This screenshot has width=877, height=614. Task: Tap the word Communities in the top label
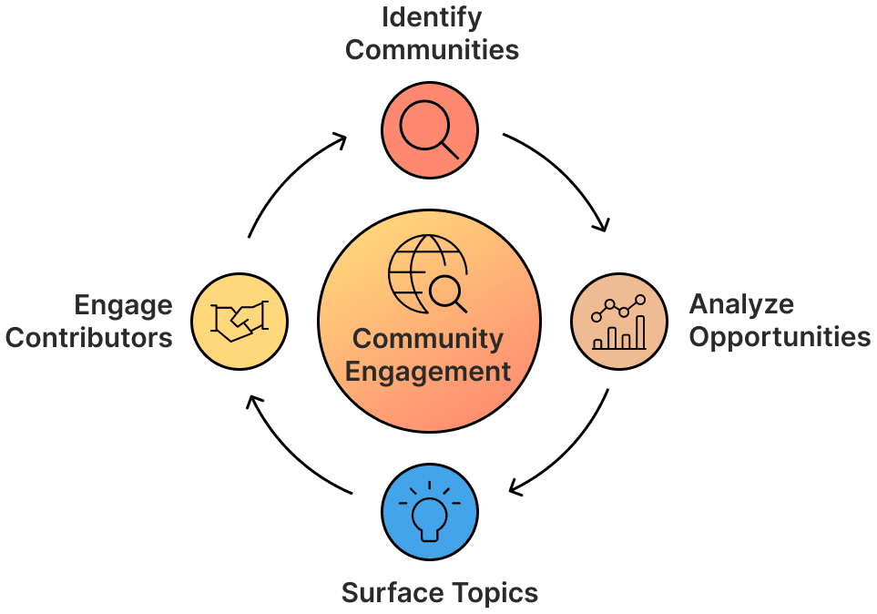pyautogui.click(x=432, y=49)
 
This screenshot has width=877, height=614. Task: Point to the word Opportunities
pyautogui.click(x=780, y=336)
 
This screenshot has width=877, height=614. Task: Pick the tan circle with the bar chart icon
pyautogui.click(x=619, y=322)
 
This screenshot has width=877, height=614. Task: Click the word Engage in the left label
pyautogui.click(x=124, y=305)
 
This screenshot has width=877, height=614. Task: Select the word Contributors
pyautogui.click(x=89, y=338)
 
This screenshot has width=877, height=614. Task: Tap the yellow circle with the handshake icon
pyautogui.click(x=240, y=320)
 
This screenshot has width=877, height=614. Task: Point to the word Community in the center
pyautogui.click(x=428, y=339)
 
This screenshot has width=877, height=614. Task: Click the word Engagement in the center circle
pyautogui.click(x=428, y=372)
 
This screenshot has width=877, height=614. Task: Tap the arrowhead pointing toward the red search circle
pyautogui.click(x=341, y=139)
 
